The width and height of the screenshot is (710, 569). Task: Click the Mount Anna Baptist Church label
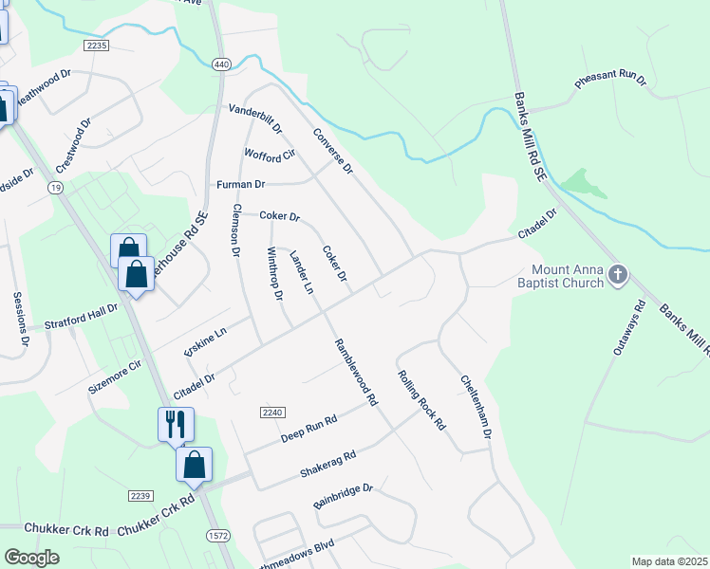click(x=561, y=275)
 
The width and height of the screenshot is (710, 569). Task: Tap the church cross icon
click(x=618, y=275)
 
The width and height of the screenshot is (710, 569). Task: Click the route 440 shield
click(x=221, y=64)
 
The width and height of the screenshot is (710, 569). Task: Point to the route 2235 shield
click(x=97, y=45)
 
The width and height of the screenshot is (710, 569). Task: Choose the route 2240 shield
click(x=271, y=413)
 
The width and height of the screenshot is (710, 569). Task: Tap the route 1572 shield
click(x=217, y=536)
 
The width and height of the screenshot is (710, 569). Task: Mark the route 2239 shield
click(x=140, y=496)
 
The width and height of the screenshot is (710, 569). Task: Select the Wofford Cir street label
click(x=271, y=153)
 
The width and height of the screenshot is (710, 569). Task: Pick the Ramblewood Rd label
click(x=355, y=373)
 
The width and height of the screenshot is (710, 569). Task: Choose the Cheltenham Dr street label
click(x=476, y=406)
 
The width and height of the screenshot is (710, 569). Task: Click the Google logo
click(x=31, y=558)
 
